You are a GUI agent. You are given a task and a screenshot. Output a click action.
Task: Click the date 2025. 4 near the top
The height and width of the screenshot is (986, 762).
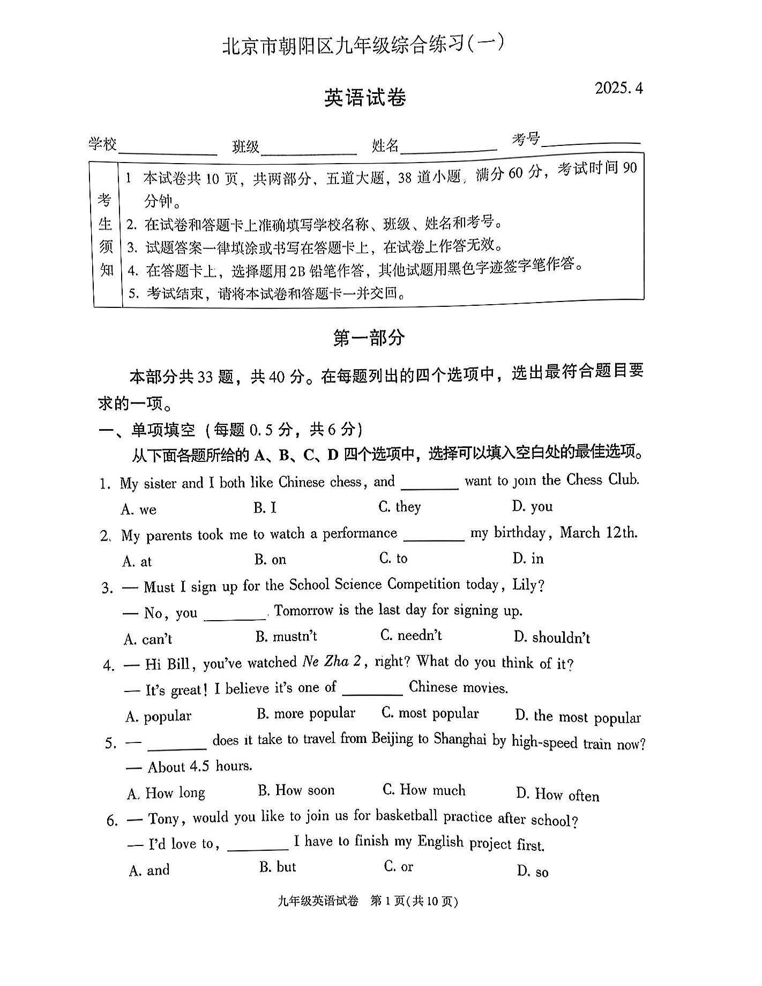pos(618,88)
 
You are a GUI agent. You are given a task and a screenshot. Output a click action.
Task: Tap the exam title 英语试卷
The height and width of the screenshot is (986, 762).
pos(365,98)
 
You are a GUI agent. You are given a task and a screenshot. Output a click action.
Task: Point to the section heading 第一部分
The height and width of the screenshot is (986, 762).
pos(369,337)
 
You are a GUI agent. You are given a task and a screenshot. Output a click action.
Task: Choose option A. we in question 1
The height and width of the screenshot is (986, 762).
pos(139,509)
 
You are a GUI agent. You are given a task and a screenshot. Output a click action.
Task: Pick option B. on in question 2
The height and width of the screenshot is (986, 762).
pos(270,560)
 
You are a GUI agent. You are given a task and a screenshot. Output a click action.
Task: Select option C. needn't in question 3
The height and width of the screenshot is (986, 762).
pos(411,636)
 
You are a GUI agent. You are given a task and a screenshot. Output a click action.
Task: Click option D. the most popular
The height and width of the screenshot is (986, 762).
pos(578,717)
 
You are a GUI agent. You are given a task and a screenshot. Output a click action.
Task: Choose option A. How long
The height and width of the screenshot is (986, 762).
pos(166,793)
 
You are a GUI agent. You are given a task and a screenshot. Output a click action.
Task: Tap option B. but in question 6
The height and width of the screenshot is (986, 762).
pos(278,867)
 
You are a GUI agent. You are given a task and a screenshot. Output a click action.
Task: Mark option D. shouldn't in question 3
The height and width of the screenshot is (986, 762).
pos(552,637)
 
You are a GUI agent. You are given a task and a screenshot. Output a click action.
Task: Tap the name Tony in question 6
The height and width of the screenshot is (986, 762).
pos(166,819)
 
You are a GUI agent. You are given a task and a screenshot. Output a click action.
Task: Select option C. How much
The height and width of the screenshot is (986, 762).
pos(424,790)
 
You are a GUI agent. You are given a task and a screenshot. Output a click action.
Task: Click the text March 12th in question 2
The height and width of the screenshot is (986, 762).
pos(599,533)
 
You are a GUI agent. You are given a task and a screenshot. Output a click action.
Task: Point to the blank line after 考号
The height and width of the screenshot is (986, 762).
pos(591,141)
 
